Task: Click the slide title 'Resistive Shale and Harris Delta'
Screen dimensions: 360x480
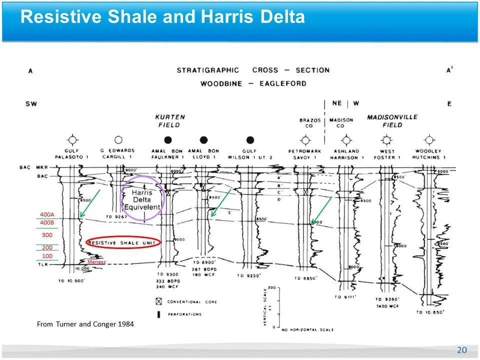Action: [162, 17]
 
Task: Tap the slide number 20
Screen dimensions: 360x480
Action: [461, 350]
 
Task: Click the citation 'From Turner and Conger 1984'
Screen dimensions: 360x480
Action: [85, 324]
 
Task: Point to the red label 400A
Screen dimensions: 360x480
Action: [46, 215]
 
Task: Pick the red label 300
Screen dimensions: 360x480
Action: [47, 234]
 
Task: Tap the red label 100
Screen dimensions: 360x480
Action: [47, 256]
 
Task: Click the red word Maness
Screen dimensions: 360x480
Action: [96, 261]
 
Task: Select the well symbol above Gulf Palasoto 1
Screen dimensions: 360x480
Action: [73, 139]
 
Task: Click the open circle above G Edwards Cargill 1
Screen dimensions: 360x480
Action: [118, 139]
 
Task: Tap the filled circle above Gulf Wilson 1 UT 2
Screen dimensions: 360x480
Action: [250, 140]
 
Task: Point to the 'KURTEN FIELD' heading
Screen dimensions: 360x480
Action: [169, 120]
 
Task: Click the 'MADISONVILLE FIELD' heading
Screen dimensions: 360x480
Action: [392, 121]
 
